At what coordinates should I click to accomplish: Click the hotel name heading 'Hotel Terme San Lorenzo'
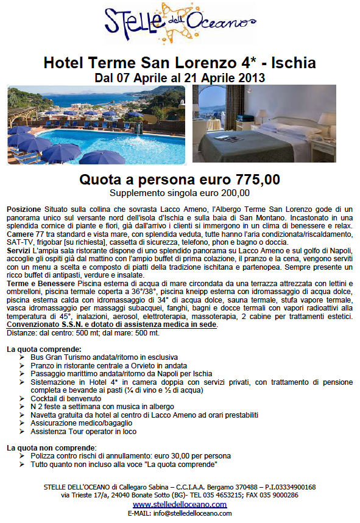149,63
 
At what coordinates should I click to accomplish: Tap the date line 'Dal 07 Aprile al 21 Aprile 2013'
180,78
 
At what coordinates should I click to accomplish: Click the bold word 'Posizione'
24,209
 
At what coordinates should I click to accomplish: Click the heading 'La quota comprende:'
41,349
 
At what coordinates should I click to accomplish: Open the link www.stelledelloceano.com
179,505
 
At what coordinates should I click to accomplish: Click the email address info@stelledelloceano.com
194,513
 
